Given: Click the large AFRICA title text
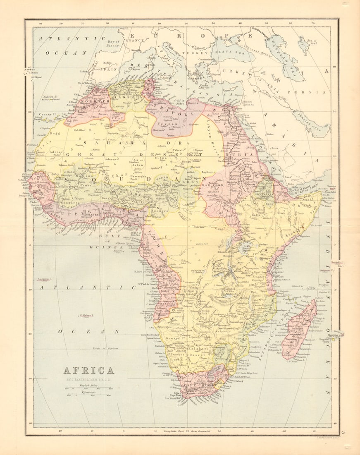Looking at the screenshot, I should pos(88,370).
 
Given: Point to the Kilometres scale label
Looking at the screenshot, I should pos(88,393).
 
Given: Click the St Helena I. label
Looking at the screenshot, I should pos(87,316).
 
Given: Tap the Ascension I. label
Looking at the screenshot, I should pos(46,279).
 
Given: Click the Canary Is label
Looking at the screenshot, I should pos(48,114).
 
